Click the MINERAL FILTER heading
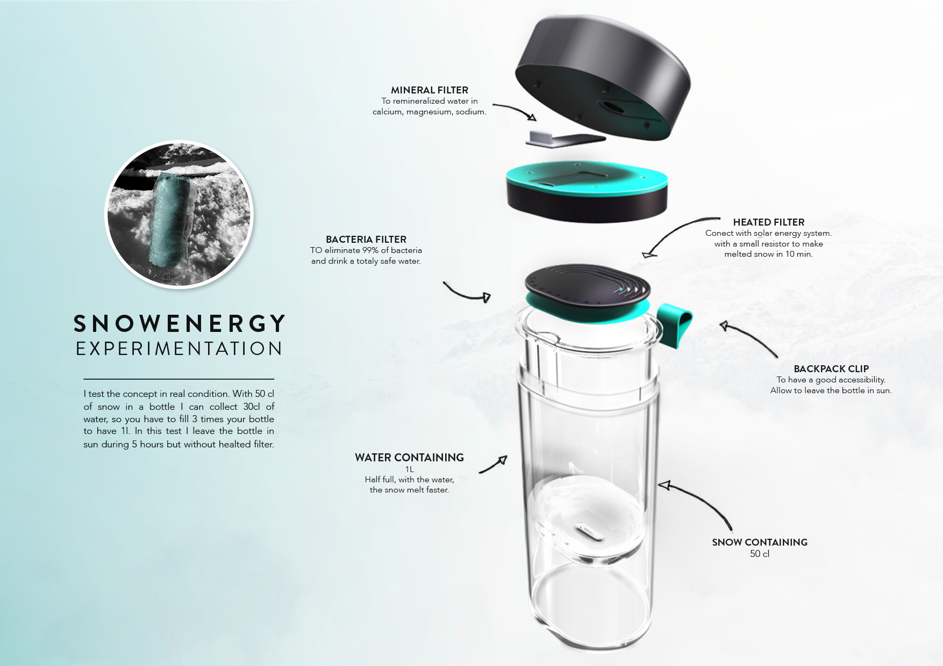pos(429,90)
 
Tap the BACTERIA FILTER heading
pos(366,240)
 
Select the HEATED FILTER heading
pos(768,222)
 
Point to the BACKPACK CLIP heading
pos(831,369)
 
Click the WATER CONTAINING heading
pos(409,458)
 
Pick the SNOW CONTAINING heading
pos(759,542)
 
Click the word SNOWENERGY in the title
pos(180,324)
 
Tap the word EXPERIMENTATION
pos(179,349)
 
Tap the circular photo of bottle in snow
pos(179,215)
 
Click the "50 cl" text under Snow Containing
pos(759,554)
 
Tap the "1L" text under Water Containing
pos(409,469)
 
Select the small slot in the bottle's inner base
pos(590,533)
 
